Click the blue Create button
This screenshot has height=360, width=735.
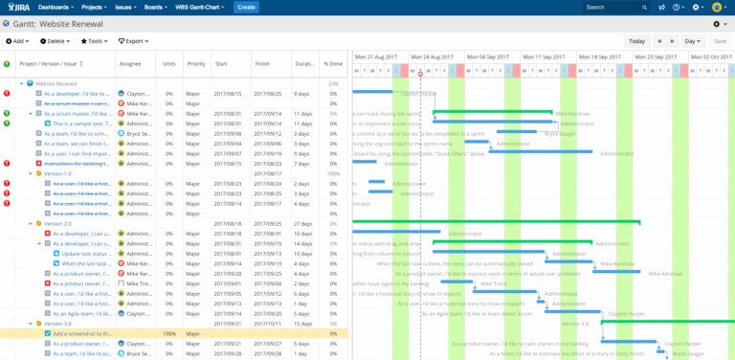[246, 8]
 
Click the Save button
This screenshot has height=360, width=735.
[719, 41]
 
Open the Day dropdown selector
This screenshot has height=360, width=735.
[693, 41]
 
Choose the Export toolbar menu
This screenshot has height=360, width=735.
[134, 41]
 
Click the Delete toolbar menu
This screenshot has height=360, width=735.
[56, 41]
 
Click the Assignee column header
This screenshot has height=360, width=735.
[129, 64]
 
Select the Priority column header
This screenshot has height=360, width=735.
[196, 64]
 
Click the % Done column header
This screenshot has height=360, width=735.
[332, 64]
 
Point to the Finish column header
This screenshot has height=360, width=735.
[262, 64]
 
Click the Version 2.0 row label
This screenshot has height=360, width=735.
[58, 223]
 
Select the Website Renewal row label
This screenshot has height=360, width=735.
[57, 84]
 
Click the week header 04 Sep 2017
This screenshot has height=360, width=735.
[494, 56]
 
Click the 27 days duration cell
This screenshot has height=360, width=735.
[301, 223]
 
